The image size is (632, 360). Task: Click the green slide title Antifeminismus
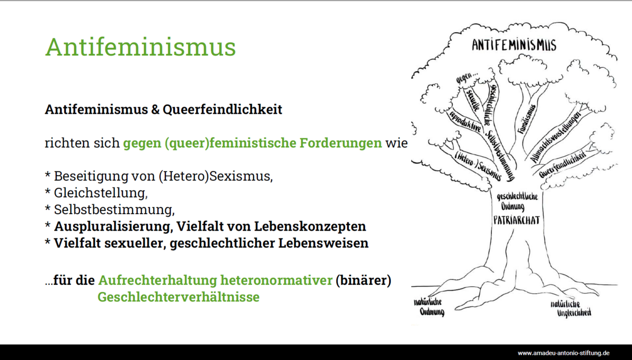[x=141, y=47]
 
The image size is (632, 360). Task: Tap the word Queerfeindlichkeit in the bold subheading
[x=222, y=109]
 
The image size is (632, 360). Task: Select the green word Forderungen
[x=341, y=143]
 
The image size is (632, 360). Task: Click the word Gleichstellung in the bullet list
[x=101, y=193]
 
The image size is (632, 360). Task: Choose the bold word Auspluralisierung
[x=113, y=226]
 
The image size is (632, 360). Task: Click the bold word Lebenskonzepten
[x=310, y=226]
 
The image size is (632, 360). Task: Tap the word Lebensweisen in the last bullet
[x=323, y=243]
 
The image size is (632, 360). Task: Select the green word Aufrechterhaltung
[x=157, y=280]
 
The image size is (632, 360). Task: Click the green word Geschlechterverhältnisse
[x=179, y=297]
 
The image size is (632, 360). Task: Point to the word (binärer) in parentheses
[x=363, y=280]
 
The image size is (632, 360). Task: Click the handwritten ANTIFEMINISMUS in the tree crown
[x=514, y=45]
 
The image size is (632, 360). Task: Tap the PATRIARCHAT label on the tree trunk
[x=517, y=220]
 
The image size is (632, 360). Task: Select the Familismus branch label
[x=527, y=119]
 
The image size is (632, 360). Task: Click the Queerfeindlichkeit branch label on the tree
[x=562, y=164]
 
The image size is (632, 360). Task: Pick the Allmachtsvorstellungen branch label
[x=555, y=137]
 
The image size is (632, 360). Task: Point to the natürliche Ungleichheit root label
[x=571, y=309]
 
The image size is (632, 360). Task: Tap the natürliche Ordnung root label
[x=429, y=307]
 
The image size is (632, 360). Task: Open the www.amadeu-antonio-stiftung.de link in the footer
[x=564, y=353]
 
